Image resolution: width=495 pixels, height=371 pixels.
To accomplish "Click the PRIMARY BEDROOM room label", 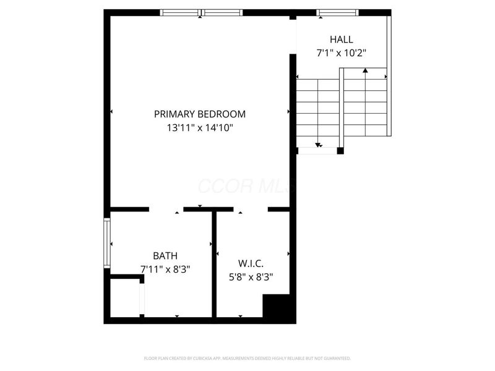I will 200,114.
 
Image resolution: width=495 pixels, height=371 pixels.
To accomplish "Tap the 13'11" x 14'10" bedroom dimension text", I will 200,128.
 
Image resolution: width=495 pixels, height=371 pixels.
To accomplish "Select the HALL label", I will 341,39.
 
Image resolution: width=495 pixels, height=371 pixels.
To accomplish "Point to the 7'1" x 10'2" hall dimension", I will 341,53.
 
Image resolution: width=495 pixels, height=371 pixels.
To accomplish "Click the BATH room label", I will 165,255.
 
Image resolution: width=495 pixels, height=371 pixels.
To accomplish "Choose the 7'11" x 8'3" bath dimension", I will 165,270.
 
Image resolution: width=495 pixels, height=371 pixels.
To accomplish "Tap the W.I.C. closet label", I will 252,263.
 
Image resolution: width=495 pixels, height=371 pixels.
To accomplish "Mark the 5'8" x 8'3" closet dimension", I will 252,277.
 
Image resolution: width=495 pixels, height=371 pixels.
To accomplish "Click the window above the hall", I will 337,12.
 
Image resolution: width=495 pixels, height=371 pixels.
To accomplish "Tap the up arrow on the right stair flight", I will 366,71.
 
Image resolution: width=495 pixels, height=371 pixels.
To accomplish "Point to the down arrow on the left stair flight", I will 319,145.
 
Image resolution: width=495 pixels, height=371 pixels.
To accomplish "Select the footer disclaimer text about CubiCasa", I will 247,358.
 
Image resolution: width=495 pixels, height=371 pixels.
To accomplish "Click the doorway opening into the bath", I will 166,210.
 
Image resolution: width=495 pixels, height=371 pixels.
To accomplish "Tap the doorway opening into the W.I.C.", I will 250,210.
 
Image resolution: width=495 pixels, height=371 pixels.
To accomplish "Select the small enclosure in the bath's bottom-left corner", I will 126,299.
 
